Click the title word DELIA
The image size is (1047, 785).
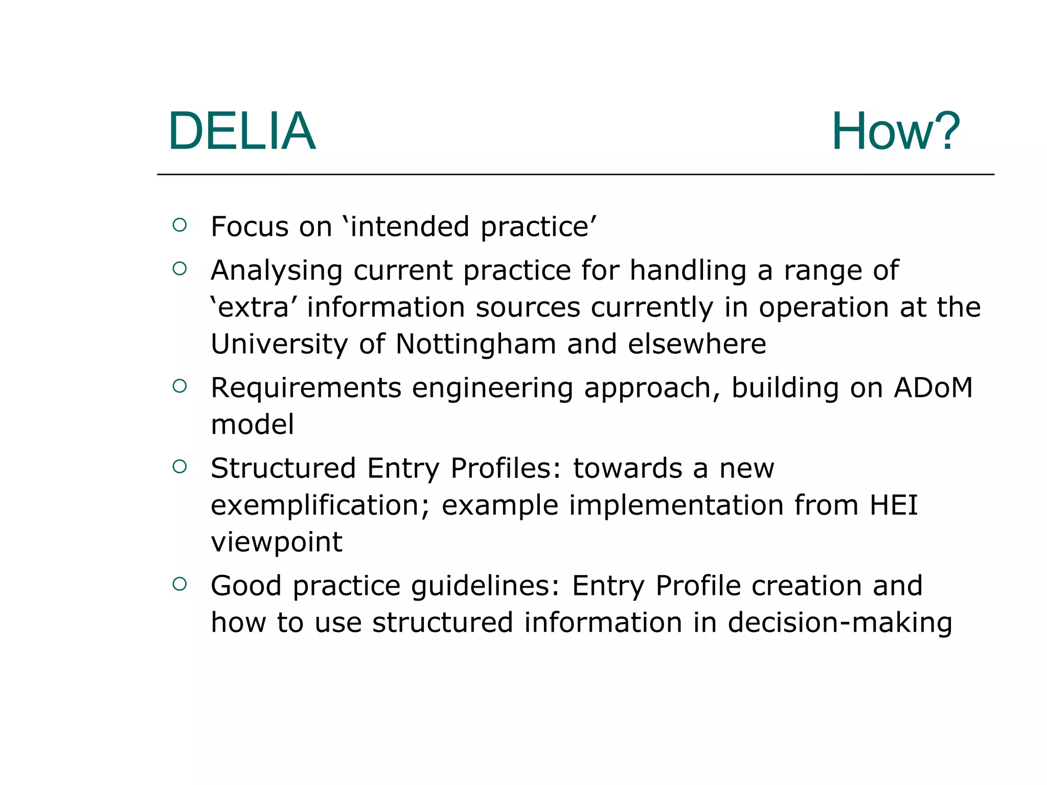coord(241,131)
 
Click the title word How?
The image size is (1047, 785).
coord(895,131)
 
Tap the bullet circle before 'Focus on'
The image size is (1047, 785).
coord(179,225)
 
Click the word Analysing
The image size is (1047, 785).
coord(276,271)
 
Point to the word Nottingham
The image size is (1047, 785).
coord(475,344)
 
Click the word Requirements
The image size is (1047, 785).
coord(306,388)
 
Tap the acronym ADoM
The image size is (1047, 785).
coord(933,388)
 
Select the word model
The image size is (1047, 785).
coord(253,425)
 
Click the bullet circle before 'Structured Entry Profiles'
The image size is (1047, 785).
coord(179,466)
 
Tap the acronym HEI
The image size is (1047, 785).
coord(894,505)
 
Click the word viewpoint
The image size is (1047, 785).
coord(277,542)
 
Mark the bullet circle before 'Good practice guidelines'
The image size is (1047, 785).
coord(179,584)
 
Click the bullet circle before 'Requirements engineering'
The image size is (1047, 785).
coord(179,386)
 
